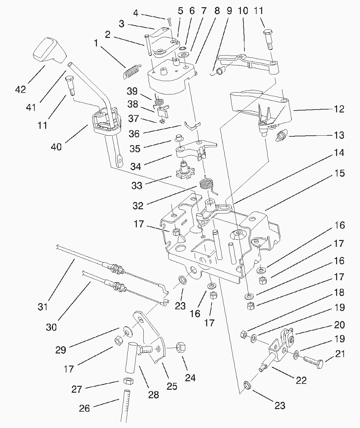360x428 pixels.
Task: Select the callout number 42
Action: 20,89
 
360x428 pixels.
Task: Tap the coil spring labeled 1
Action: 132,72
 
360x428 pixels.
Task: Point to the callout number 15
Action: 339,173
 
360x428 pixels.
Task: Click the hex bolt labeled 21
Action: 313,362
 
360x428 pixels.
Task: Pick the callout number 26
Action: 84,408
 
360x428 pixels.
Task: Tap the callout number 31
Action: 43,307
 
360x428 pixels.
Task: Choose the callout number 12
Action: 339,109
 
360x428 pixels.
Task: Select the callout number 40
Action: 56,147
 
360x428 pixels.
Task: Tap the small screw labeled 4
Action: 170,22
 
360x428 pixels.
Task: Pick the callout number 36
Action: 134,133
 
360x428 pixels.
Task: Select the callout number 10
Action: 243,11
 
